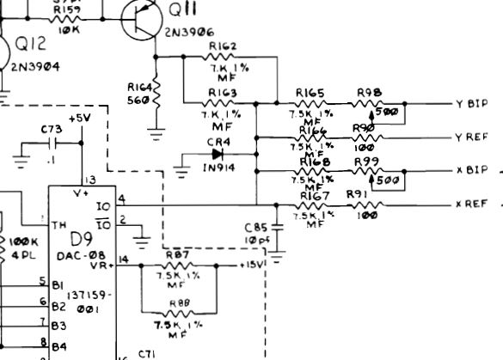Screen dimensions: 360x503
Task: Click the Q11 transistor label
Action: click(x=182, y=11)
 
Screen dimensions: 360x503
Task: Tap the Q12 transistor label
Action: click(x=32, y=47)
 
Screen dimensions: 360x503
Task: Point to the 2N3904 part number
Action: click(x=36, y=65)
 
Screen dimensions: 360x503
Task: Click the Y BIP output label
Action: click(x=471, y=104)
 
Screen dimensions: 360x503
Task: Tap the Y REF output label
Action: click(x=471, y=137)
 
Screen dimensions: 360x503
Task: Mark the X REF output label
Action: click(x=471, y=204)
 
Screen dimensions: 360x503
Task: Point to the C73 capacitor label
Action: click(x=52, y=128)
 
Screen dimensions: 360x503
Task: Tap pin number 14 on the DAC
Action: click(x=124, y=259)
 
